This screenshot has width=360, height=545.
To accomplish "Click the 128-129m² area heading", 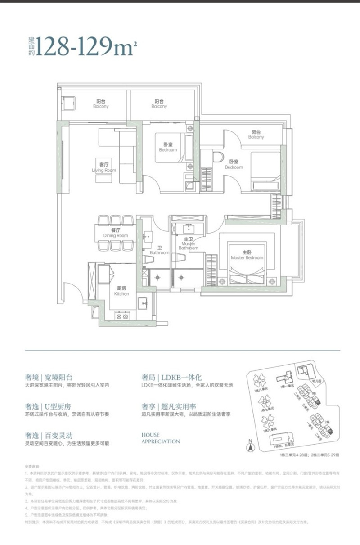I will tap(85, 45).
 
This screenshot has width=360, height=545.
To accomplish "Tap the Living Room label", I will tap(104, 168).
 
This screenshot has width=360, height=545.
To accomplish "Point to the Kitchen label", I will tap(121, 291).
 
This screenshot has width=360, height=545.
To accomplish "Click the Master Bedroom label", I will tap(247, 255).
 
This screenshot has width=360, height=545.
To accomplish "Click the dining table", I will tap(116, 234).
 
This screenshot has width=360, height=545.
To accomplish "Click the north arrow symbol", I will tap(248, 447).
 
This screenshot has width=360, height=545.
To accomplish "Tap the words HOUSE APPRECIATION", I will tap(161, 438).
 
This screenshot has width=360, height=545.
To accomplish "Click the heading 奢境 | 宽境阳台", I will tap(49, 378).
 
